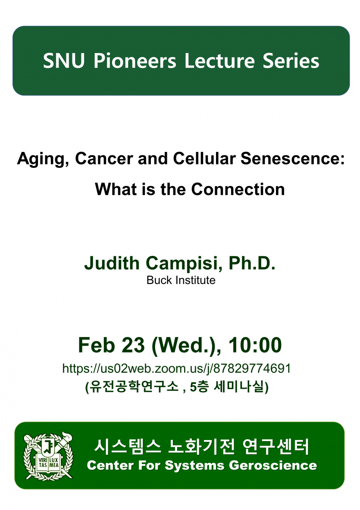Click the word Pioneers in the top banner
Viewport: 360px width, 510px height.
click(135, 61)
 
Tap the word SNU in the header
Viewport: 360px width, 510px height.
click(64, 61)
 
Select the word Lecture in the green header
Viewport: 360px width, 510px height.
click(219, 61)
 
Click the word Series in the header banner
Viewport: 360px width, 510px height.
click(291, 61)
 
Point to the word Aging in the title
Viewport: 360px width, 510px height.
click(43, 160)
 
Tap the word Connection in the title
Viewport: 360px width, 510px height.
click(238, 189)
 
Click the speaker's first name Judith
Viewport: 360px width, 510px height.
click(112, 263)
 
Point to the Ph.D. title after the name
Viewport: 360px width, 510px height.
click(252, 263)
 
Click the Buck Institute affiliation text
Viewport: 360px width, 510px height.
click(181, 280)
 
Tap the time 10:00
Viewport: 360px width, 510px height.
click(255, 345)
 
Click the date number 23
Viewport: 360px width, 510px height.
click(132, 345)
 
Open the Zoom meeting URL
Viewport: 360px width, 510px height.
click(176, 368)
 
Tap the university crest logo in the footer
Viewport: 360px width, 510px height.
click(48, 456)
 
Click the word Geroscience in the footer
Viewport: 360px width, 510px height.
click(273, 466)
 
